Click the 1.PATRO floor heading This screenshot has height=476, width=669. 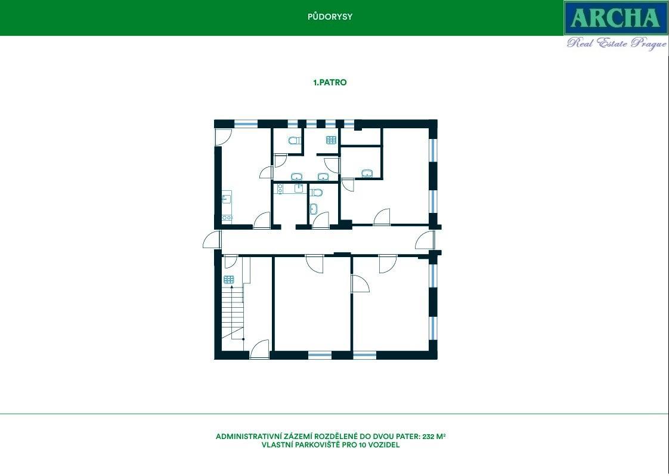(x=330, y=82)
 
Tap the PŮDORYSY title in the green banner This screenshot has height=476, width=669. (x=330, y=17)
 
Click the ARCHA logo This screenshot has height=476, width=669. (x=616, y=18)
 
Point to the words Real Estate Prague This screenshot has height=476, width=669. (x=617, y=43)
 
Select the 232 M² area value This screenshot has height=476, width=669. (x=434, y=436)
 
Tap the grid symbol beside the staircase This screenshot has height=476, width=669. (x=229, y=280)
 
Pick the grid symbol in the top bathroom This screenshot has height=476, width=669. (x=331, y=140)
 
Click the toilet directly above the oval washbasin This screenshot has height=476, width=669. (x=316, y=193)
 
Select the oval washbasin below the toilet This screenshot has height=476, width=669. (x=314, y=209)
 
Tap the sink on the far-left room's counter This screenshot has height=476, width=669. (x=226, y=199)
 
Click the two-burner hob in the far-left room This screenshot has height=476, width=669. (x=227, y=218)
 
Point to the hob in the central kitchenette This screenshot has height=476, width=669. (x=280, y=188)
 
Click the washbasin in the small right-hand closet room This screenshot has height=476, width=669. (x=367, y=173)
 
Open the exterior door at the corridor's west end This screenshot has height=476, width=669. (x=212, y=240)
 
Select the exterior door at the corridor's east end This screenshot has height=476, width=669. (x=425, y=240)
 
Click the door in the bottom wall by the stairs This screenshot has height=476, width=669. (x=259, y=349)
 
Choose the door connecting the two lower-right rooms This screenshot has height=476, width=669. (x=360, y=283)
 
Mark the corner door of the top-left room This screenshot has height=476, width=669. (x=223, y=137)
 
